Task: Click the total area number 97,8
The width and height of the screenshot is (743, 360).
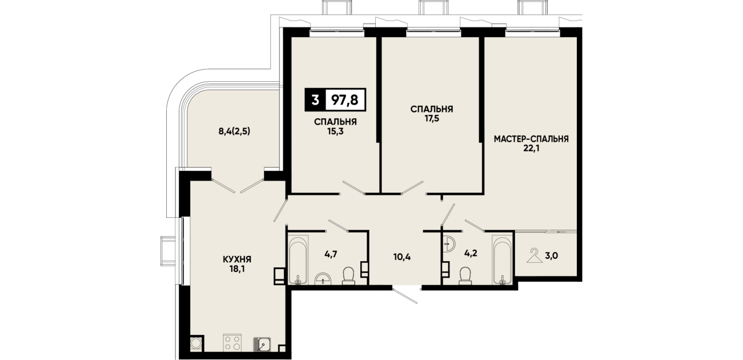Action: click(x=345, y=99)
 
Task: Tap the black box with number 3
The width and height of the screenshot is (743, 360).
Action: click(x=315, y=99)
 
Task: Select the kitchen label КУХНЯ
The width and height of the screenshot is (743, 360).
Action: click(x=237, y=259)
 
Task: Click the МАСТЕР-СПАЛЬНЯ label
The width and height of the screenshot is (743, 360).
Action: click(x=531, y=139)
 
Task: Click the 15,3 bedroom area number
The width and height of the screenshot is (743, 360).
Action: click(x=335, y=132)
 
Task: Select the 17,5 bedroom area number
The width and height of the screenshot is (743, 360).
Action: click(x=431, y=119)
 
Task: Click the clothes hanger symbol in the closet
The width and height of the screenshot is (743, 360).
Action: click(x=535, y=256)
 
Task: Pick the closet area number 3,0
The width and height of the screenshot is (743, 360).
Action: click(x=551, y=256)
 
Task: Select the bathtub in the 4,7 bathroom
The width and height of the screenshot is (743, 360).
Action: click(x=298, y=259)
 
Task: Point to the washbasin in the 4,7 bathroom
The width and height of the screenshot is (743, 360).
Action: click(x=323, y=279)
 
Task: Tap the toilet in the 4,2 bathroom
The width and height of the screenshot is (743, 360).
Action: click(x=465, y=276)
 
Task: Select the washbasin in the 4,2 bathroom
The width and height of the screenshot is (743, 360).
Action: click(x=449, y=244)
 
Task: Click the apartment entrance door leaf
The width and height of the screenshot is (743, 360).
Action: click(x=405, y=296)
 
